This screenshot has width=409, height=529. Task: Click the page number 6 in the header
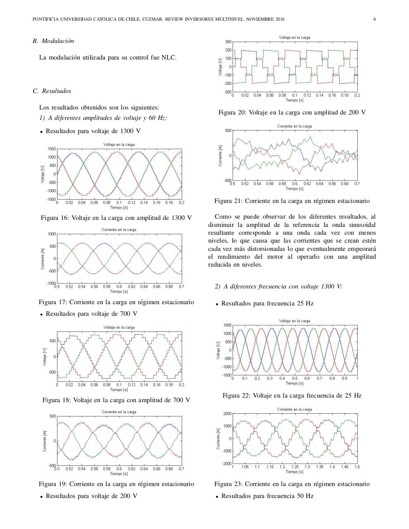tap(374, 19)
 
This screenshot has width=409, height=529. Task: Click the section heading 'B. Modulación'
tap(53, 41)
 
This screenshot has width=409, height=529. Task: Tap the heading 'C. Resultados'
tap(52, 91)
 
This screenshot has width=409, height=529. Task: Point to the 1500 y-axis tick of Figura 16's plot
tap(51, 149)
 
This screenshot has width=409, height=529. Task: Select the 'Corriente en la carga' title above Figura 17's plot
tap(119, 230)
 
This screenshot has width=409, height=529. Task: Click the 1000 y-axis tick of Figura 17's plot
tap(51, 234)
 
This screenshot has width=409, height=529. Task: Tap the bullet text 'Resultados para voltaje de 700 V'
tap(91, 314)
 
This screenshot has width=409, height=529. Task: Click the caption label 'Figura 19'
tap(53, 484)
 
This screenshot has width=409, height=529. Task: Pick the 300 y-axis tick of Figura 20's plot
tap(228, 42)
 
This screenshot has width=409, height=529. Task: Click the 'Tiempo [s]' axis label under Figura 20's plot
tap(295, 100)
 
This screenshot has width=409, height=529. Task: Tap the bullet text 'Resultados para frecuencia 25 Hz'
tap(267, 303)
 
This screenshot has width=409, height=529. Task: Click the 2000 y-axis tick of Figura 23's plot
tap(227, 414)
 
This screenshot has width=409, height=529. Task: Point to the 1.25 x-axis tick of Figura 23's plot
tap(295, 467)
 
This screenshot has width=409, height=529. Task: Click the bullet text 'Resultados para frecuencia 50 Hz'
tap(267, 496)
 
